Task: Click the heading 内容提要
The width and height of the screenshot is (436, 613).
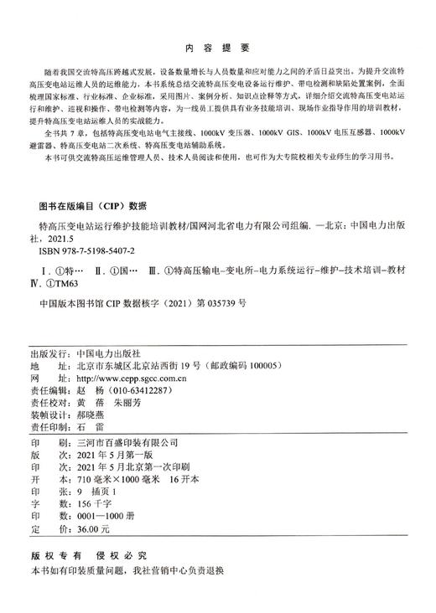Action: click(218, 49)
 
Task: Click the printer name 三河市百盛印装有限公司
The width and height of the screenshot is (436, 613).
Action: click(127, 440)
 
